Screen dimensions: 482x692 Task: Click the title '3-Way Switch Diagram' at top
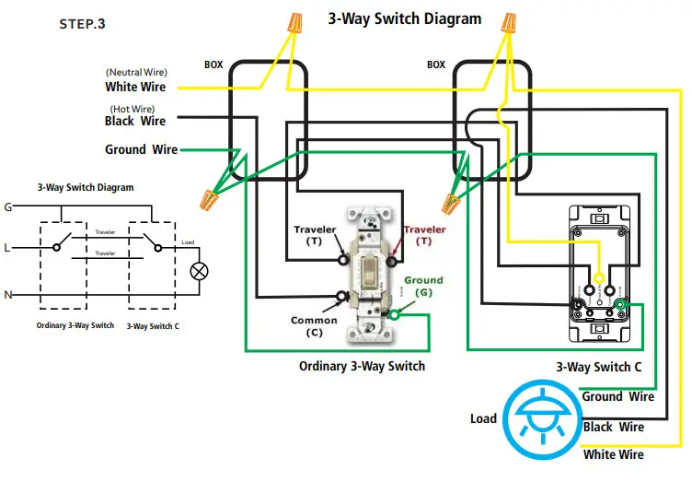pos(405,18)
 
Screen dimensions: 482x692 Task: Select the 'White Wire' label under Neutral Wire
pos(135,88)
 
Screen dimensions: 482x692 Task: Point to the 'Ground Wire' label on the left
pos(141,149)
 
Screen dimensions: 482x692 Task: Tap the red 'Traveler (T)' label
pos(423,235)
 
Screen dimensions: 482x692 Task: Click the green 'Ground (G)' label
pos(423,286)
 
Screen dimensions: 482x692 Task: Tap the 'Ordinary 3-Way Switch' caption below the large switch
pos(362,366)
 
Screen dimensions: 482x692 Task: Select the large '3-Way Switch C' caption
pos(599,366)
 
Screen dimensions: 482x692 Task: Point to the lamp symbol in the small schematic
pos(196,271)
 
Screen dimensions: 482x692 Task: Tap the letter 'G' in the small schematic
pos(8,207)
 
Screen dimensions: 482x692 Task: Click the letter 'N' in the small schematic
pos(8,295)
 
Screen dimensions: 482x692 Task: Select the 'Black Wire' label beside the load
pos(613,427)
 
